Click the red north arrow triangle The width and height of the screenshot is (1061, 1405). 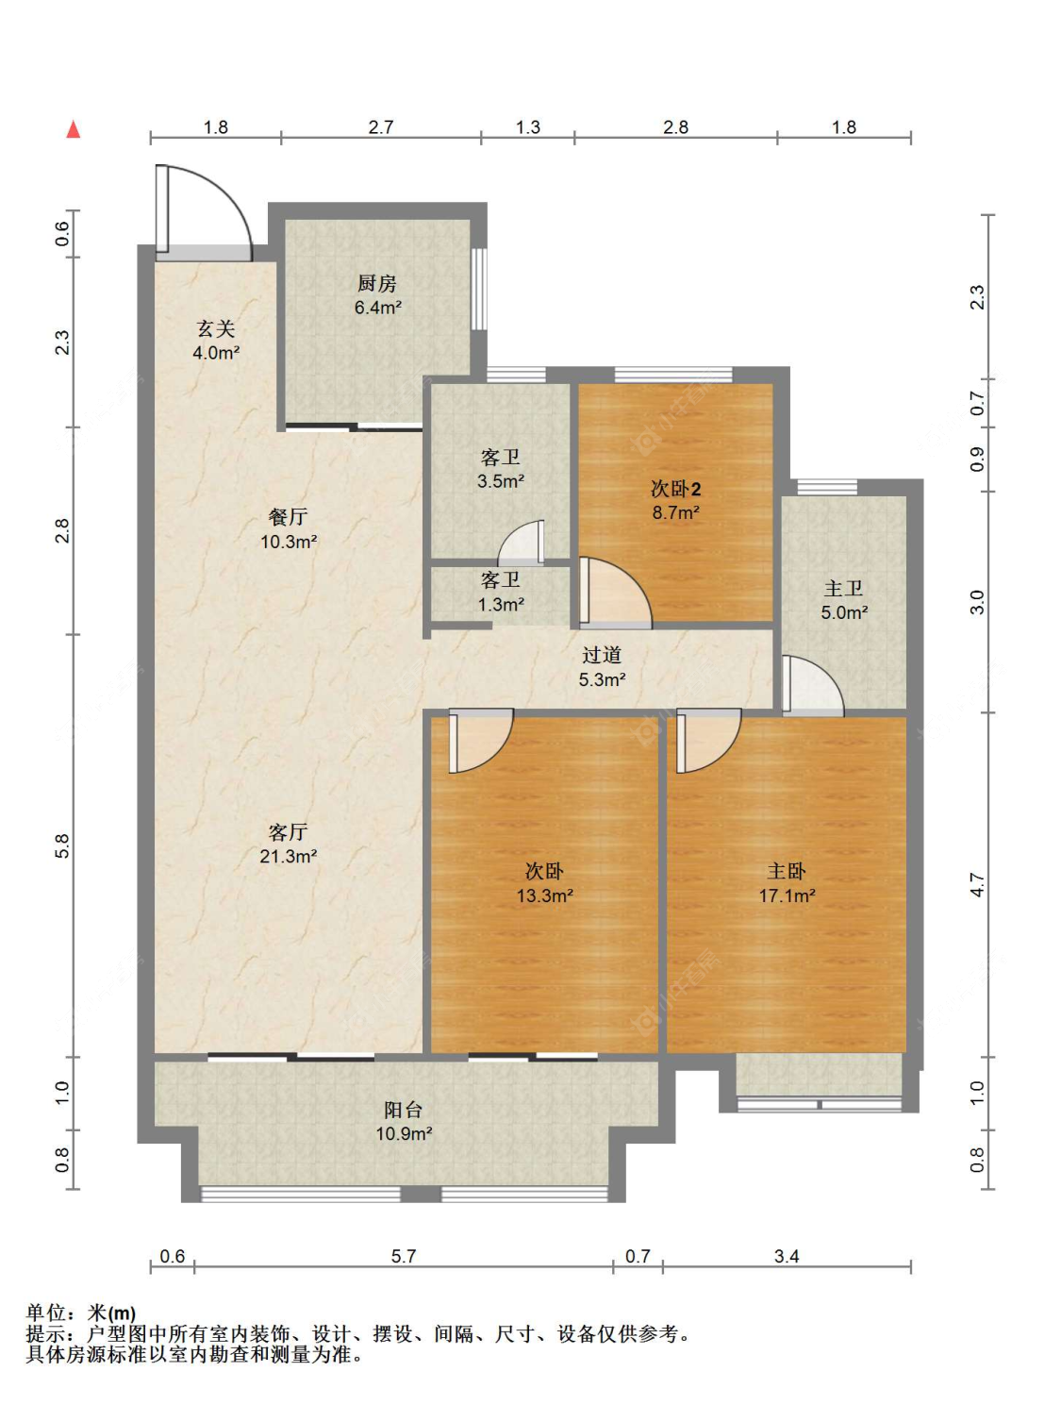coord(75,129)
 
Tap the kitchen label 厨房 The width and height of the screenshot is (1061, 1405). coord(377,283)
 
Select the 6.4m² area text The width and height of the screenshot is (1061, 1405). coord(378,308)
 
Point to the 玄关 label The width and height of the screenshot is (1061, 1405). coord(216,329)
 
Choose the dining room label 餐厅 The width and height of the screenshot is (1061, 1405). coord(289,516)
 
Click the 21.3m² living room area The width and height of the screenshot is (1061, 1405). coord(289,856)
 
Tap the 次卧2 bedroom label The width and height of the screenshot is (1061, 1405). coord(675,489)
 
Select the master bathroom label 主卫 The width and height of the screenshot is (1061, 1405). coord(843,588)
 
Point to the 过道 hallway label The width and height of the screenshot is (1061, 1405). coord(602,655)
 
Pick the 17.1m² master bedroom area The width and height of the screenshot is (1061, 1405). coord(787,895)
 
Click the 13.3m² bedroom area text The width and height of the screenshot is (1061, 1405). coord(545,895)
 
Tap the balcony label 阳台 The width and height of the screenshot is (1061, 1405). coord(404,1110)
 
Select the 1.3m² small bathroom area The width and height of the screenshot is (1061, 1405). coord(502,604)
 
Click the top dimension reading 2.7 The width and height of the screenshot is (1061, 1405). coord(380,127)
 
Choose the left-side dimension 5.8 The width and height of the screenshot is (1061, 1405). coord(62,845)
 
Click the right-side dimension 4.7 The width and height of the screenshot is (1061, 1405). coord(977,884)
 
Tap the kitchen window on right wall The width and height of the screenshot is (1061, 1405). coord(479,290)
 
